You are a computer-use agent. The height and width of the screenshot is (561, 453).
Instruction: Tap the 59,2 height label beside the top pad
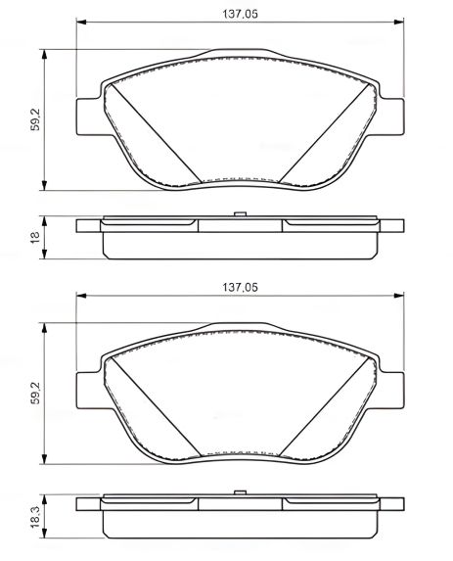click(x=35, y=121)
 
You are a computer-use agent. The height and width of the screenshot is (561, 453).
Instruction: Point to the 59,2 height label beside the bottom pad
click(x=35, y=396)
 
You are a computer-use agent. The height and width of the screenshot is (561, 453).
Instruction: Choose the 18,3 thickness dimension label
click(x=35, y=513)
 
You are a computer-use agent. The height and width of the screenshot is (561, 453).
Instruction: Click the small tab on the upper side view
click(x=238, y=215)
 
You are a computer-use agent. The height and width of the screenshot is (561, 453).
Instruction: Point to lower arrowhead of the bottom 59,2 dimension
click(x=46, y=459)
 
